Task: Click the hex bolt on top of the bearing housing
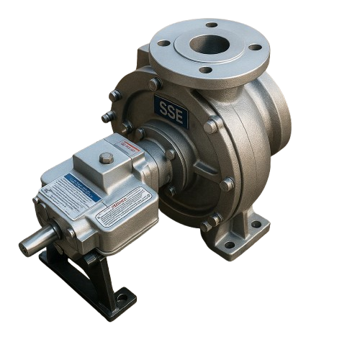tap(107, 158)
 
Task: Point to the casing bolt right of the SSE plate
tap(211, 126)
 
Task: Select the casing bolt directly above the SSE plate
tap(154, 84)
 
